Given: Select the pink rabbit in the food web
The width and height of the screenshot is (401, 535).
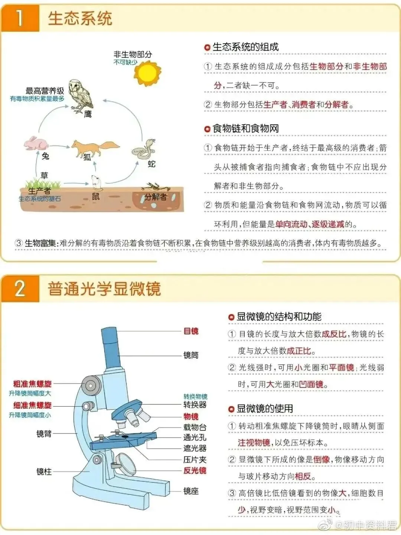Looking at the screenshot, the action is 36,143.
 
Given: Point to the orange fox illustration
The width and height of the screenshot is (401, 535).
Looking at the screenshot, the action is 95,148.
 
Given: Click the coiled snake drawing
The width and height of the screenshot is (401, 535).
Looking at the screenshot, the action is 144,149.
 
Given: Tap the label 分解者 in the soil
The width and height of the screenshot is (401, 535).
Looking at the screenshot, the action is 156,197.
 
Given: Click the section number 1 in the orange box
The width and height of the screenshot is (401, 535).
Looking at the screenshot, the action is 19,18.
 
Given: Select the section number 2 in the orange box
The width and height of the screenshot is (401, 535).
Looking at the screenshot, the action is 20,289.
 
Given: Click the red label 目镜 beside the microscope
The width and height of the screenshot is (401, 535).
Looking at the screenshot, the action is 191,331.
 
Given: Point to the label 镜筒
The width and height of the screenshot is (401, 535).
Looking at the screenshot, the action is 191,355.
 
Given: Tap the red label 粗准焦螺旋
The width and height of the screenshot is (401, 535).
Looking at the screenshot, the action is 32,384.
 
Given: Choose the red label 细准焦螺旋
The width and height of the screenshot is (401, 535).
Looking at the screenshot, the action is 32,405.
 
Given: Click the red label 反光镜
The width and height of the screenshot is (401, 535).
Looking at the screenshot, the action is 195,470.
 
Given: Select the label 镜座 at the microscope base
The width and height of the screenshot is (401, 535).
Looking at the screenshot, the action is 191,491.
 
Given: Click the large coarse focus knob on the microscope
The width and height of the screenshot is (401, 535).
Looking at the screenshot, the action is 91,386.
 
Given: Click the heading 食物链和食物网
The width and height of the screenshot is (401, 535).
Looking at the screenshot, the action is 245,128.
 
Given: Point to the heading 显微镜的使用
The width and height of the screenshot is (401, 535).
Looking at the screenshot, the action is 265,408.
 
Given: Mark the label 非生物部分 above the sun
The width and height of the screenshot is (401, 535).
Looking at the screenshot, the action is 133,54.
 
